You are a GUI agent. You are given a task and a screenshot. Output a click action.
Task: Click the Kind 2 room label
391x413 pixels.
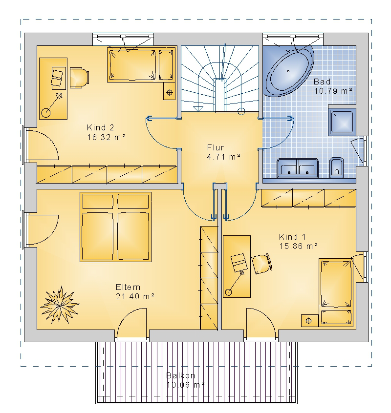click(x=100, y=128)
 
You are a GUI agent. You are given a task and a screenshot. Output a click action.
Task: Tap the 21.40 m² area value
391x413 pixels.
click(x=135, y=296)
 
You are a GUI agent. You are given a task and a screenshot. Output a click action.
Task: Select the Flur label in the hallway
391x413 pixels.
click(x=216, y=147)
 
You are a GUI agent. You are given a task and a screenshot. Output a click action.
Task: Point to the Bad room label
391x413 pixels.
click(x=322, y=82)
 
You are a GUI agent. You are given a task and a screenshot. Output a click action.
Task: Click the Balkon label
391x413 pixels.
click(x=181, y=375)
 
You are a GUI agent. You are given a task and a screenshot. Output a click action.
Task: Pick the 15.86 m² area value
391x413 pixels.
click(x=298, y=246)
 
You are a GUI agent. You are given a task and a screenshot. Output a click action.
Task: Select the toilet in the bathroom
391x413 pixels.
click(x=336, y=167)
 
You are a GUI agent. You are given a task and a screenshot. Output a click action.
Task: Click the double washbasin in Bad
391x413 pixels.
click(x=297, y=168)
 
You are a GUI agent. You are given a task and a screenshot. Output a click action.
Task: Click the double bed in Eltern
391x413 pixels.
click(x=115, y=227)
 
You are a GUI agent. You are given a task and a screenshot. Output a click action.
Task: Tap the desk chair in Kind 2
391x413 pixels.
click(x=79, y=78)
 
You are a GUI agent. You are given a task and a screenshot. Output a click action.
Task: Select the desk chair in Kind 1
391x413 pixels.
click(x=261, y=264)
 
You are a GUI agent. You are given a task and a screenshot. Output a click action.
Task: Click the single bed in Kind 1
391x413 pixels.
click(x=336, y=292)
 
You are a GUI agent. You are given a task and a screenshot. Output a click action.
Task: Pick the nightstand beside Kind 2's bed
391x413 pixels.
click(x=169, y=91)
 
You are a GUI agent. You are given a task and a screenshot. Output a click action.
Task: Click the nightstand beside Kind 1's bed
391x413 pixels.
click(x=309, y=321)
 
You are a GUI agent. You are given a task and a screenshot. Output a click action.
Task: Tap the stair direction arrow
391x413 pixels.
click(x=198, y=109)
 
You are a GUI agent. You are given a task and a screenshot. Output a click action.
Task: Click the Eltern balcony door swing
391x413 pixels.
click(x=131, y=323)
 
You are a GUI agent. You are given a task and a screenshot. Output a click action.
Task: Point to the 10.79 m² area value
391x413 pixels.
click(x=333, y=91)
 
